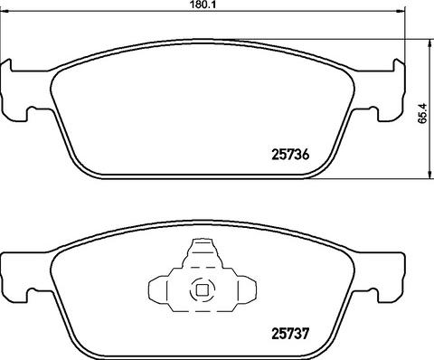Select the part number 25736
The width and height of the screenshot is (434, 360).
click(x=290, y=155)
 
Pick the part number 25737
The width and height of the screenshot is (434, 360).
click(x=290, y=334)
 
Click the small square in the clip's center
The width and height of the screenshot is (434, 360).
click(x=201, y=290)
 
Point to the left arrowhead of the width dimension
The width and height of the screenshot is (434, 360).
click(x=5, y=12)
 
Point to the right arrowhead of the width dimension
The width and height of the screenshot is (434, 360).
click(x=400, y=12)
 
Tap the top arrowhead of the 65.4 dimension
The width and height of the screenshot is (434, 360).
click(x=428, y=43)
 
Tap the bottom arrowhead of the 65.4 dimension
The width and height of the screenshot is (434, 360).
click(x=428, y=175)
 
